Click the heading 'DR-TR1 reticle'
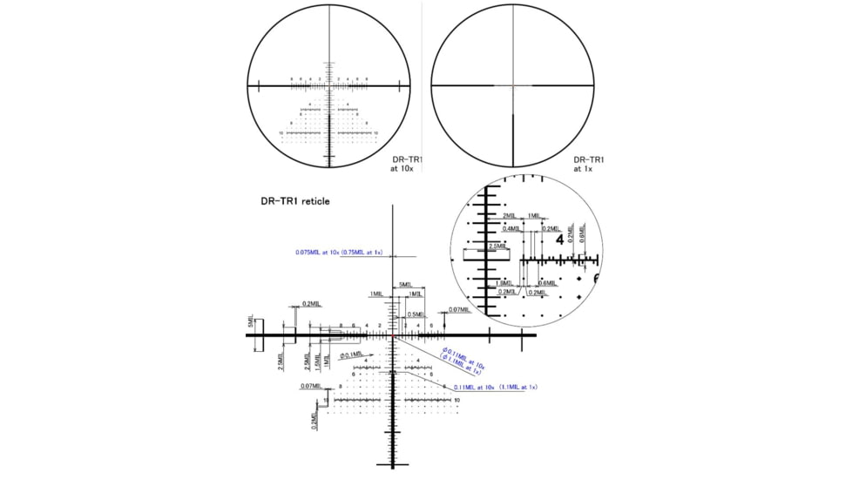pos(295,201)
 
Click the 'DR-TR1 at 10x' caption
pos(406,164)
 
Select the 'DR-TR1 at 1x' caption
pos(589,164)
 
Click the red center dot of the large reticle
pos(394,334)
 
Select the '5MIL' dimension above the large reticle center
pos(405,285)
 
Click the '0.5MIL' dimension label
pos(416,314)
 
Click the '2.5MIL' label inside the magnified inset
pos(498,246)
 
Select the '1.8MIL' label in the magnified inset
pos(503,282)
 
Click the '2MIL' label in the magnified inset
pos(510,215)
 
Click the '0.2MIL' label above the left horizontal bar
pos(311,304)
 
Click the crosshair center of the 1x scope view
pos(513,86)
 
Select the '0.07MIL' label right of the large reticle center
pos(458,309)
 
